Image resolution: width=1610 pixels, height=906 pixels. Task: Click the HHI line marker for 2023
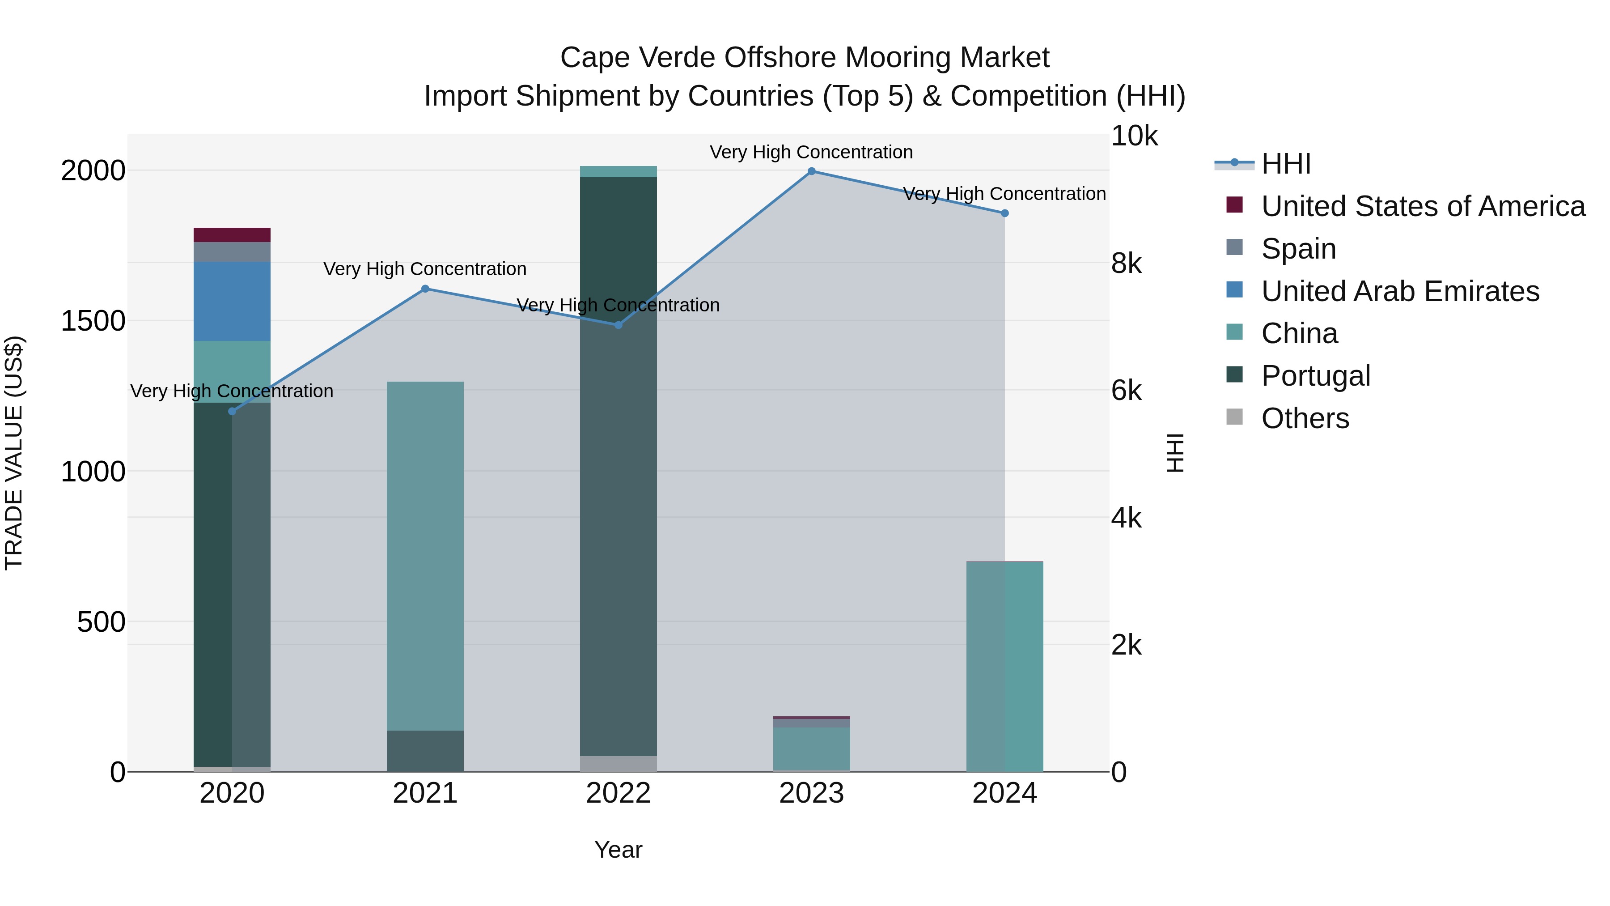pyautogui.click(x=811, y=171)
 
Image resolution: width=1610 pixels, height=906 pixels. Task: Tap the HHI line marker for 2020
pyautogui.click(x=232, y=412)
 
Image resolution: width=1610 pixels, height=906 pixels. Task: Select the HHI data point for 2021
pyautogui.click(x=425, y=289)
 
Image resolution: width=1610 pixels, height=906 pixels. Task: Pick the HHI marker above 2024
pyautogui.click(x=1004, y=213)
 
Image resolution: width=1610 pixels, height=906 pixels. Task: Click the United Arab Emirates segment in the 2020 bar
pyautogui.click(x=232, y=302)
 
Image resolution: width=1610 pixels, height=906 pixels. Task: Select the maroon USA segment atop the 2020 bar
pyautogui.click(x=232, y=235)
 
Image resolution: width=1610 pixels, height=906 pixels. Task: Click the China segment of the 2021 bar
pyautogui.click(x=425, y=555)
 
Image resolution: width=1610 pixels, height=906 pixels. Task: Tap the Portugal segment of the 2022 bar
pyautogui.click(x=618, y=466)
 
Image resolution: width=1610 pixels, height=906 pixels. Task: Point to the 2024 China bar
pyautogui.click(x=1004, y=666)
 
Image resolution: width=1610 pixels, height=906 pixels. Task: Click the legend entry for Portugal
pyautogui.click(x=1316, y=376)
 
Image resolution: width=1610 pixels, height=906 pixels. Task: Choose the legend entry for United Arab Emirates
pyautogui.click(x=1400, y=291)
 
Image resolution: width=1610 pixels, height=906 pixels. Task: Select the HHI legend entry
pyautogui.click(x=1286, y=164)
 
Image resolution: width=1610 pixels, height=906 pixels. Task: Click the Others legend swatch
pyautogui.click(x=1234, y=417)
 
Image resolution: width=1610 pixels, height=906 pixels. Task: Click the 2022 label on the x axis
pyautogui.click(x=618, y=793)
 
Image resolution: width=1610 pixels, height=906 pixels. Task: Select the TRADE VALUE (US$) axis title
pyautogui.click(x=14, y=453)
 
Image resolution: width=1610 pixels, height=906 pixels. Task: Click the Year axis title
pyautogui.click(x=618, y=850)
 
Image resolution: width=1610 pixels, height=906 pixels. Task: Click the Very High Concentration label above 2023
pyautogui.click(x=811, y=152)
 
